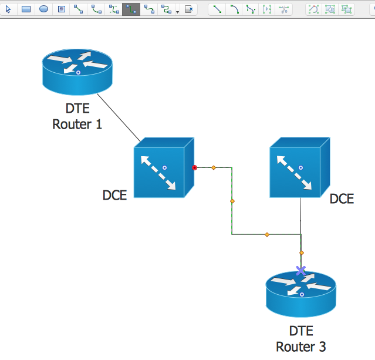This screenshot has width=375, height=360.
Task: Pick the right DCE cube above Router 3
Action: (x=299, y=167)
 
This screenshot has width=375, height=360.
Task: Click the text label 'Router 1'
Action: (x=77, y=124)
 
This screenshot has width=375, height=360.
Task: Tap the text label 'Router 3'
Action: (x=300, y=346)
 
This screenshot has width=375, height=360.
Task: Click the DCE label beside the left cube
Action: (x=114, y=196)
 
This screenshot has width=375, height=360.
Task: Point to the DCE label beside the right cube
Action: (x=342, y=199)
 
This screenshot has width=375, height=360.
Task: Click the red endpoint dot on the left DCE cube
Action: (x=194, y=168)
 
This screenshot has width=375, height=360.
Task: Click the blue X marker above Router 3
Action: (x=301, y=271)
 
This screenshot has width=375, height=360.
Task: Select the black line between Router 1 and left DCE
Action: (x=119, y=117)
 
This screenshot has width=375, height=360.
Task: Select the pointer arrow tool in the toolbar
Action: (x=8, y=9)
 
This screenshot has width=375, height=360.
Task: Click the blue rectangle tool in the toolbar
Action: (x=26, y=9)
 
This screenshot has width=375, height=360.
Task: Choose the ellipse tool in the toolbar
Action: (x=43, y=9)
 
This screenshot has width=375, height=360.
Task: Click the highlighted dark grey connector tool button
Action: (x=131, y=9)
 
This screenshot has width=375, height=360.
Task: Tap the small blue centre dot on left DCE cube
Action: (x=165, y=168)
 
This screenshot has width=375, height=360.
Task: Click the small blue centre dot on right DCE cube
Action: (x=300, y=167)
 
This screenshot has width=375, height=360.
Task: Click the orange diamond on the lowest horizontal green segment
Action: (x=267, y=234)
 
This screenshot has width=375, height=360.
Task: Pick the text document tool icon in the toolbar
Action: (x=61, y=9)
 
